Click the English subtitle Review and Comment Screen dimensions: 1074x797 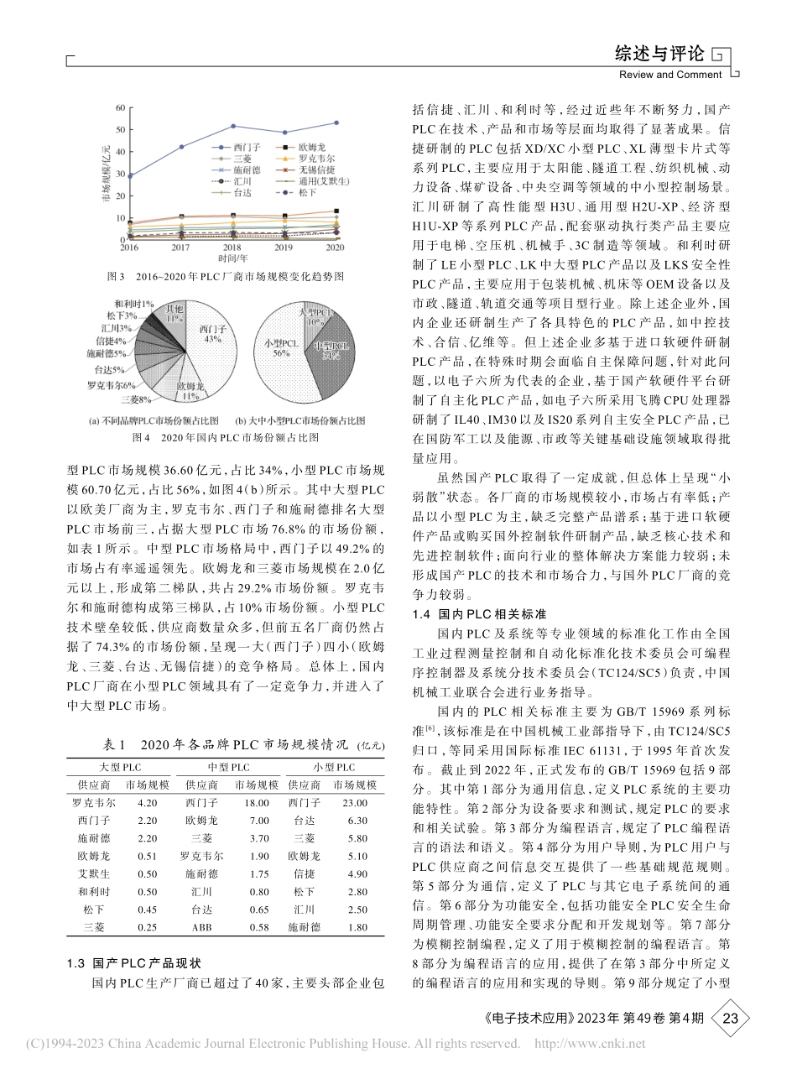point(670,75)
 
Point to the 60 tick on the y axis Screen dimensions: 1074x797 point(121,107)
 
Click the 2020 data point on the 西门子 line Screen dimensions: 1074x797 point(336,123)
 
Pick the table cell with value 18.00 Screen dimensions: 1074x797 point(256,802)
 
